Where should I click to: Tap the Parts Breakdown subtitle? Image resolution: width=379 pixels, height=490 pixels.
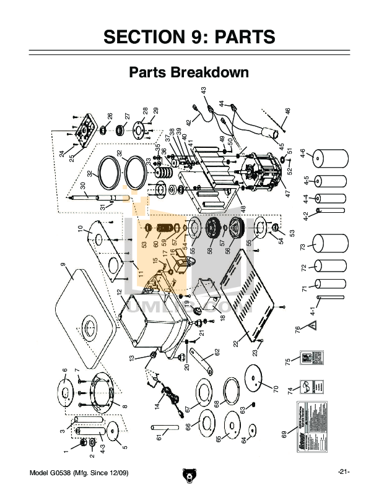(x=189, y=72)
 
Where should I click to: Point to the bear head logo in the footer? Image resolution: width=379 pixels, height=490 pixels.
(x=189, y=475)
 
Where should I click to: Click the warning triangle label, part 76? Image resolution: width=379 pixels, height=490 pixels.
(x=313, y=325)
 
